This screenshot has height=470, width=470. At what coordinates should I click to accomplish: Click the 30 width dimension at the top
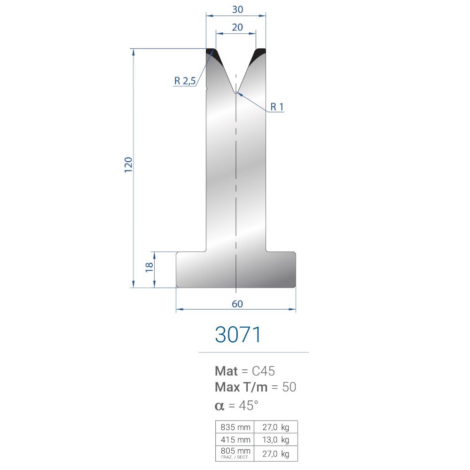237,9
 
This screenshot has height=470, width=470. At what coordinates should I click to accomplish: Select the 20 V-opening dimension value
237,27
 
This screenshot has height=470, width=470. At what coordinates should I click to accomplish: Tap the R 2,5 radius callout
185,81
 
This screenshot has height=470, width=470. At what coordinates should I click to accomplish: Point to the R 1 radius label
277,107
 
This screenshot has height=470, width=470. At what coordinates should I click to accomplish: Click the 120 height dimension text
128,164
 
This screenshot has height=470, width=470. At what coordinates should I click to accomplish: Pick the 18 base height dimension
149,267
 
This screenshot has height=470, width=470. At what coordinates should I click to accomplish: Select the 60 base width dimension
237,304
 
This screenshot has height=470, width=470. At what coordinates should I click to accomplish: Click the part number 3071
238,335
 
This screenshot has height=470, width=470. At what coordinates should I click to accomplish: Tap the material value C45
263,371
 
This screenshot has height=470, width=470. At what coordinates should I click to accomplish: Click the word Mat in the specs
227,371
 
